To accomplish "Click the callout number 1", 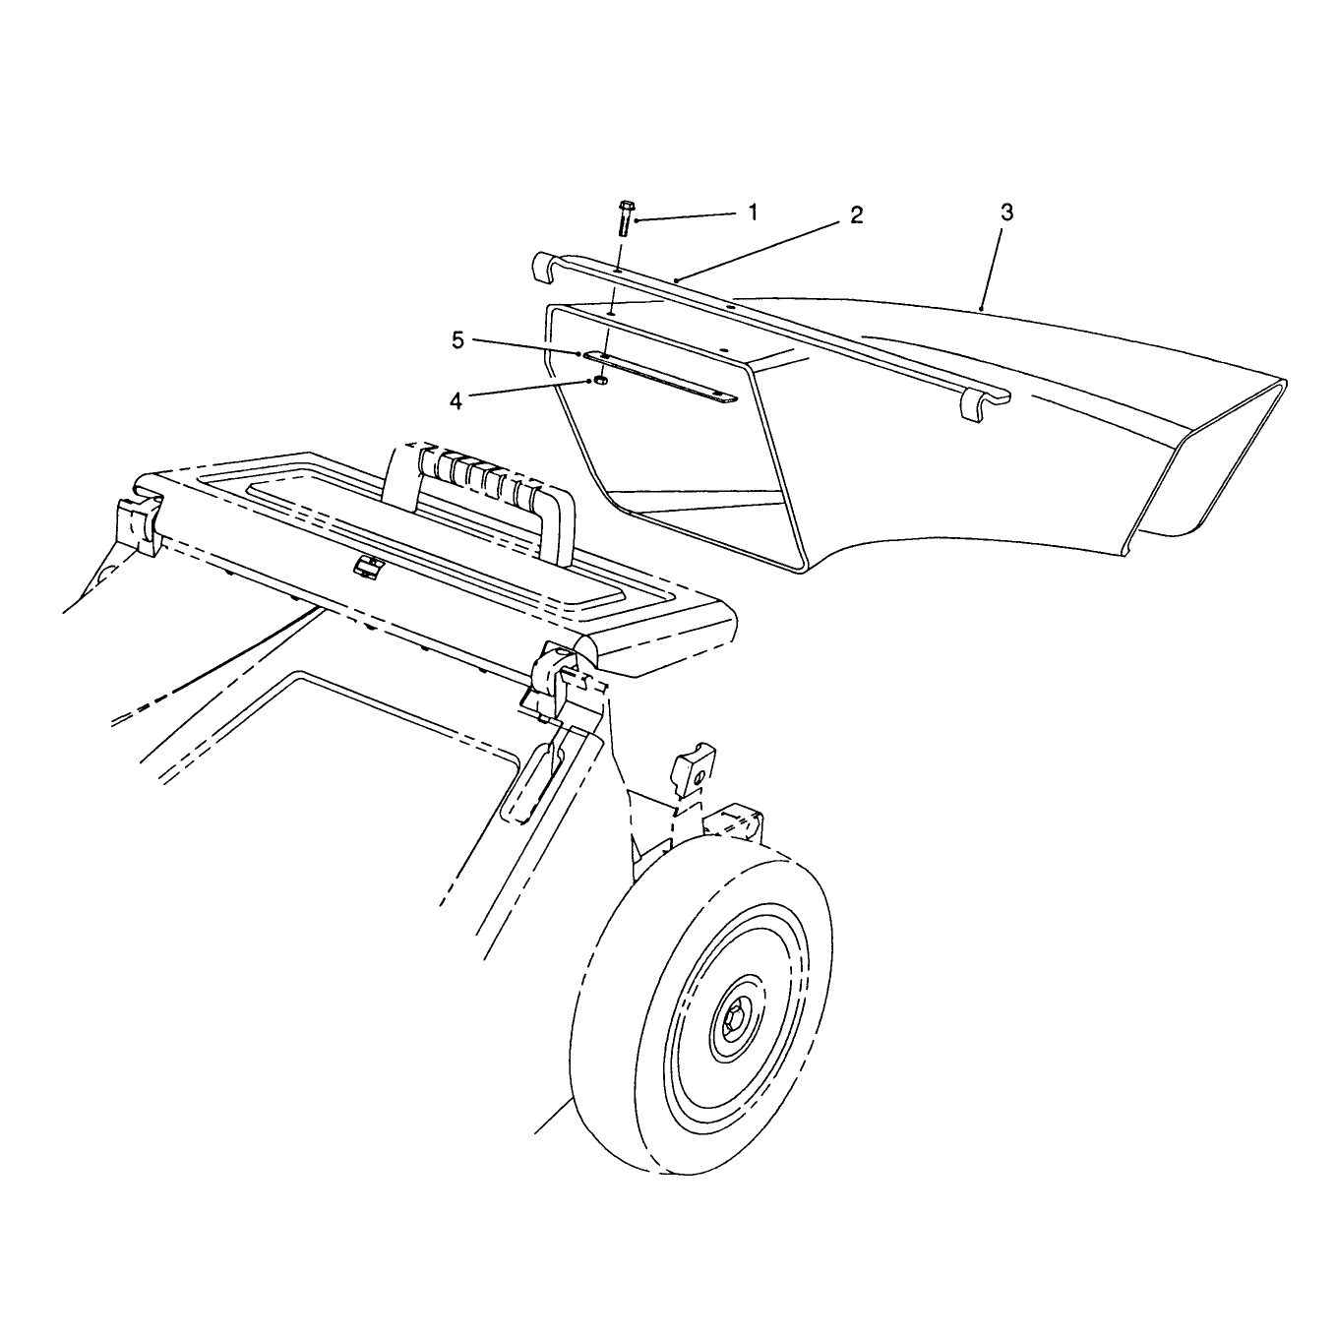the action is point(754,212).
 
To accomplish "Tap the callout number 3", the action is point(1006,213).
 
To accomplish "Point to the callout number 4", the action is point(456,401).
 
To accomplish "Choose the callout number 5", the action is point(457,340).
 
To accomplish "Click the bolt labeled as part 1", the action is point(625,217).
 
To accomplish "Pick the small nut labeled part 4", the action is point(602,380).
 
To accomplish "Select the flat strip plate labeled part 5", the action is point(659,376).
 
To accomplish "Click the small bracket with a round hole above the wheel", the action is point(695,768).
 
